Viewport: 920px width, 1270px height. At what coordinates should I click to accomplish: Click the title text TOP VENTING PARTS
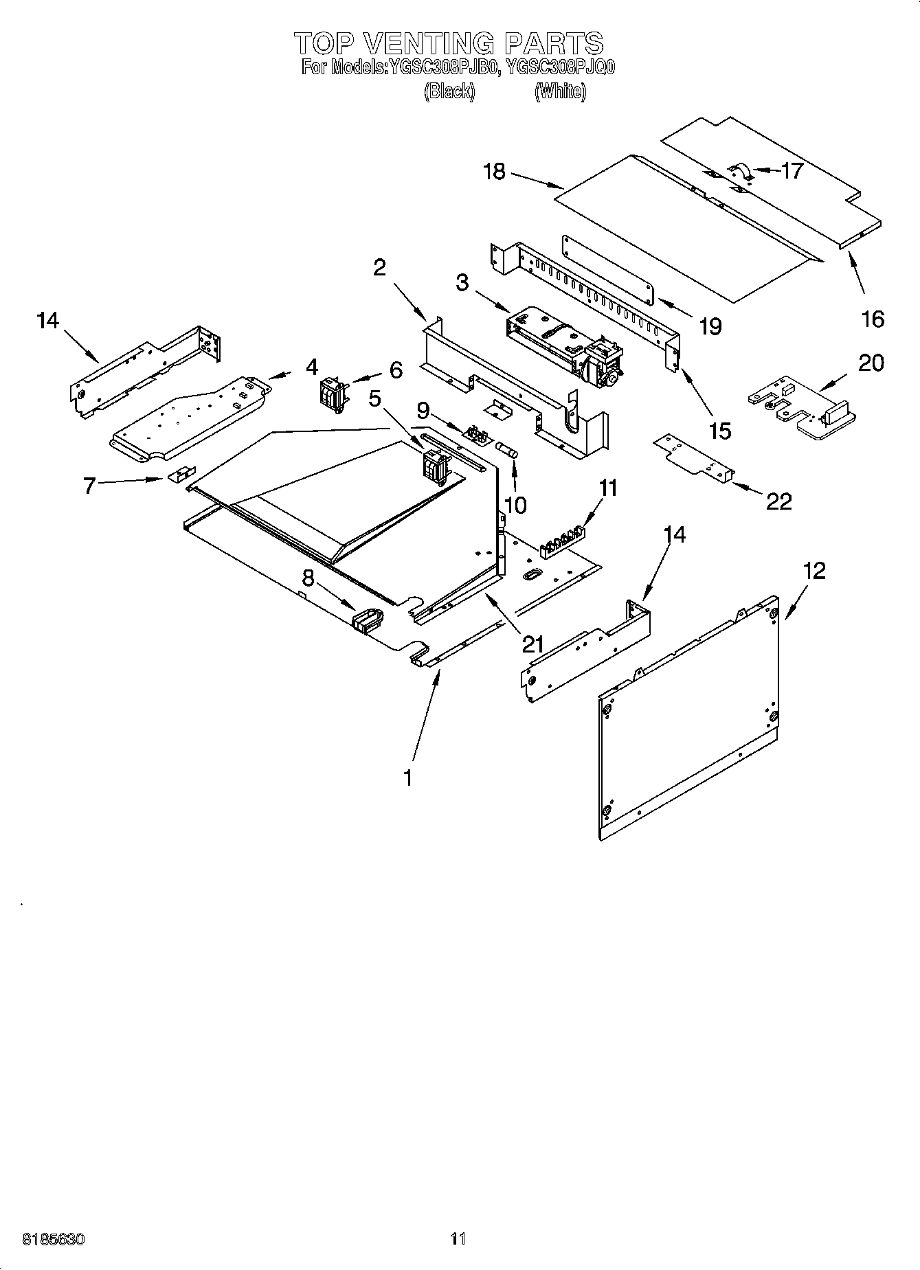[449, 43]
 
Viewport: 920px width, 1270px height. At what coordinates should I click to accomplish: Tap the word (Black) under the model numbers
[449, 91]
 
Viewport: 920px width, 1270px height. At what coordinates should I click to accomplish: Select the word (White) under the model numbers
[560, 91]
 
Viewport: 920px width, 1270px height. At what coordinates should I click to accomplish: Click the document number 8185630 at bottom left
[54, 1239]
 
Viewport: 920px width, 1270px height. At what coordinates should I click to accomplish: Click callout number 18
[494, 172]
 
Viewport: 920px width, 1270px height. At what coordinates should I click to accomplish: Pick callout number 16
[873, 319]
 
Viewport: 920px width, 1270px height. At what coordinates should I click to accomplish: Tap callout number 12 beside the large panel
[814, 571]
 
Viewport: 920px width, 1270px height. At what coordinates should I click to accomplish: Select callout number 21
[532, 644]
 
